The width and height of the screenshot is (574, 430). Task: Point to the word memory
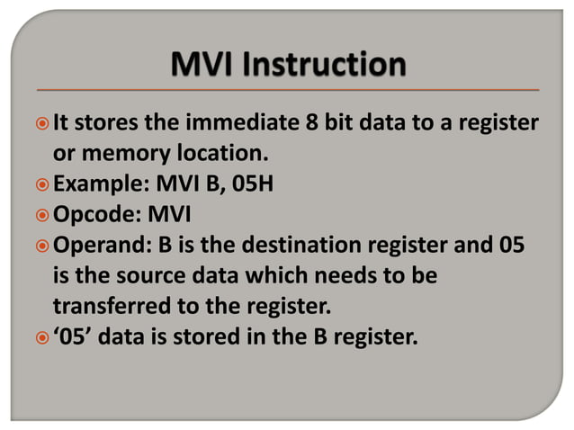coord(119,152)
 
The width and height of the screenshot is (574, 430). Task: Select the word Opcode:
coord(92,215)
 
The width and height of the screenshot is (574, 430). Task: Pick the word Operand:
coord(96,246)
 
